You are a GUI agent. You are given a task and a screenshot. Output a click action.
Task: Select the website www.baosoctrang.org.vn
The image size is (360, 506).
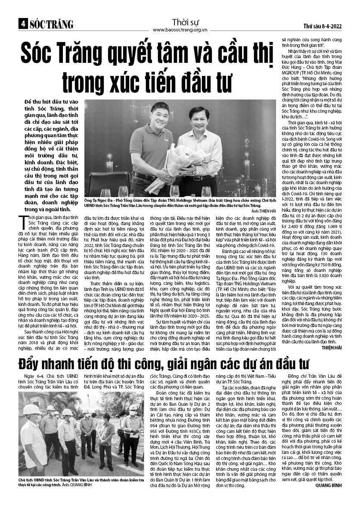pos(180,30)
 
